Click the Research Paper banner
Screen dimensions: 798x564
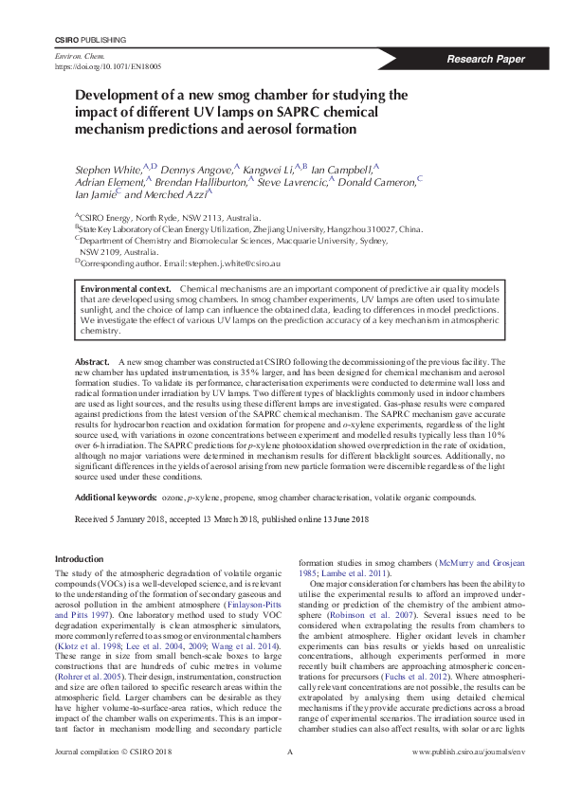pyautogui.click(x=486, y=59)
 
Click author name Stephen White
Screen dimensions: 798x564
pyautogui.click(x=106, y=168)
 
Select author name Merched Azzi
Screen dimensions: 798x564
pyautogui.click(x=177, y=194)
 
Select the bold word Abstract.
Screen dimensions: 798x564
pyautogui.click(x=92, y=363)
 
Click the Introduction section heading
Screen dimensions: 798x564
pyautogui.click(x=80, y=560)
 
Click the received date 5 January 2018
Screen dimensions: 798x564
pyautogui.click(x=138, y=520)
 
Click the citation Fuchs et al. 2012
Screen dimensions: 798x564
pyautogui.click(x=410, y=680)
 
